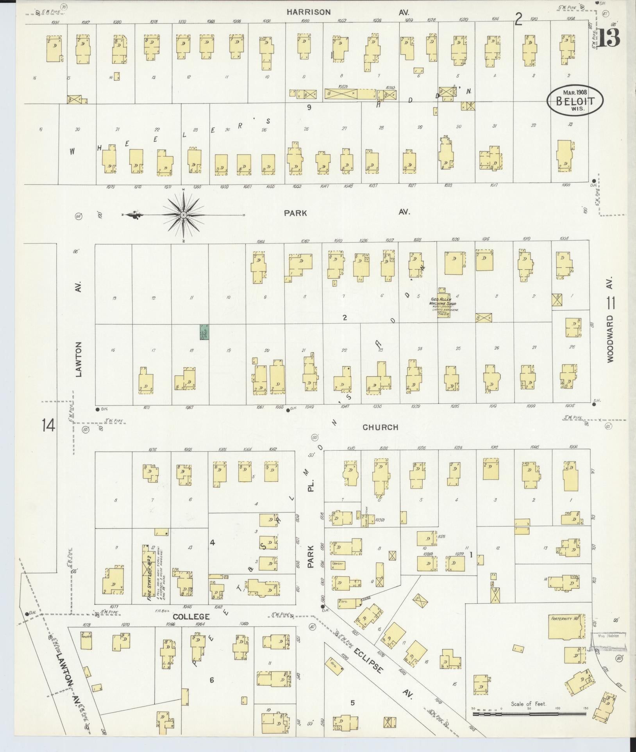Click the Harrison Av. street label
coord(309,12)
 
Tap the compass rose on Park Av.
coord(183,215)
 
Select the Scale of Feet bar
coord(529,714)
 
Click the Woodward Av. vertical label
coord(611,320)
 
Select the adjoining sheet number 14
coord(49,426)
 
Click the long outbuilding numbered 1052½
coord(341,94)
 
